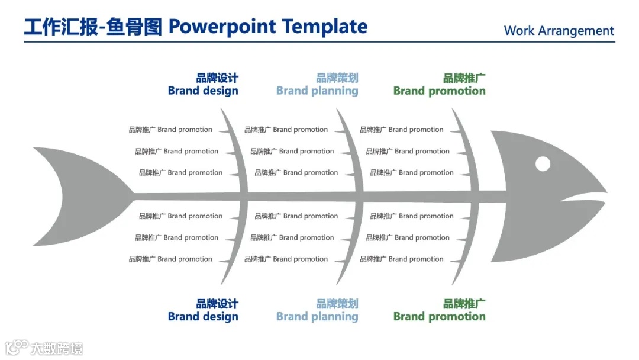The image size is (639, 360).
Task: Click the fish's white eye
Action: (x=543, y=164)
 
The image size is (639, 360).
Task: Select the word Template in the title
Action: (x=324, y=27)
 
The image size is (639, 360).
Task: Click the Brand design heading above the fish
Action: (x=203, y=91)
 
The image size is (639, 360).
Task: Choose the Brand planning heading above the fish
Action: (x=317, y=91)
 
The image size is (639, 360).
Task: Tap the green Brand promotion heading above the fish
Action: (x=439, y=91)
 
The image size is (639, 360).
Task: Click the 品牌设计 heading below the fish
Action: (x=217, y=304)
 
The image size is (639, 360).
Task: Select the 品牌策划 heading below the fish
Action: (x=337, y=304)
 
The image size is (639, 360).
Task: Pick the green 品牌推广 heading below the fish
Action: (x=464, y=304)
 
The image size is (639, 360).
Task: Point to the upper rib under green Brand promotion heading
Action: (x=467, y=148)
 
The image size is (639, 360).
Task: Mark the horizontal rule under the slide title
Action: (x=319, y=42)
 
